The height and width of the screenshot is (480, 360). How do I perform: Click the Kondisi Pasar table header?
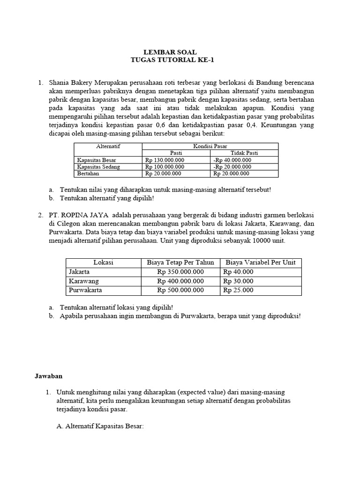pyautogui.click(x=210, y=146)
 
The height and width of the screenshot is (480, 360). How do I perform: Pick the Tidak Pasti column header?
pyautogui.click(x=244, y=153)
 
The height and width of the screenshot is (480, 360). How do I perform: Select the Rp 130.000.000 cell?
pyautogui.click(x=165, y=160)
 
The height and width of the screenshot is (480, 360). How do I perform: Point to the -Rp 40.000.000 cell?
pyautogui.click(x=232, y=160)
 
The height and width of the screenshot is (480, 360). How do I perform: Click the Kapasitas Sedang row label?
pyautogui.click(x=98, y=166)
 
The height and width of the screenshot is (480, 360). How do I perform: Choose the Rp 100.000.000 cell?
pyautogui.click(x=165, y=166)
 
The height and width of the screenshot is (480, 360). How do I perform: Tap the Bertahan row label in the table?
pyautogui.click(x=88, y=173)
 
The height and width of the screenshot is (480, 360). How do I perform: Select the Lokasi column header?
pyautogui.click(x=103, y=262)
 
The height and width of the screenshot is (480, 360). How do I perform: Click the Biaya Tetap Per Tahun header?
pyautogui.click(x=180, y=262)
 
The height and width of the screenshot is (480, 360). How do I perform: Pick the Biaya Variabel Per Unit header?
pyautogui.click(x=261, y=262)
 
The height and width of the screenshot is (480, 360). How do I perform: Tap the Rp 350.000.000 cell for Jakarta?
pyautogui.click(x=180, y=272)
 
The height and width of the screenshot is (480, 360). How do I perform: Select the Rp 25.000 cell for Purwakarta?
pyautogui.click(x=239, y=290)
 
